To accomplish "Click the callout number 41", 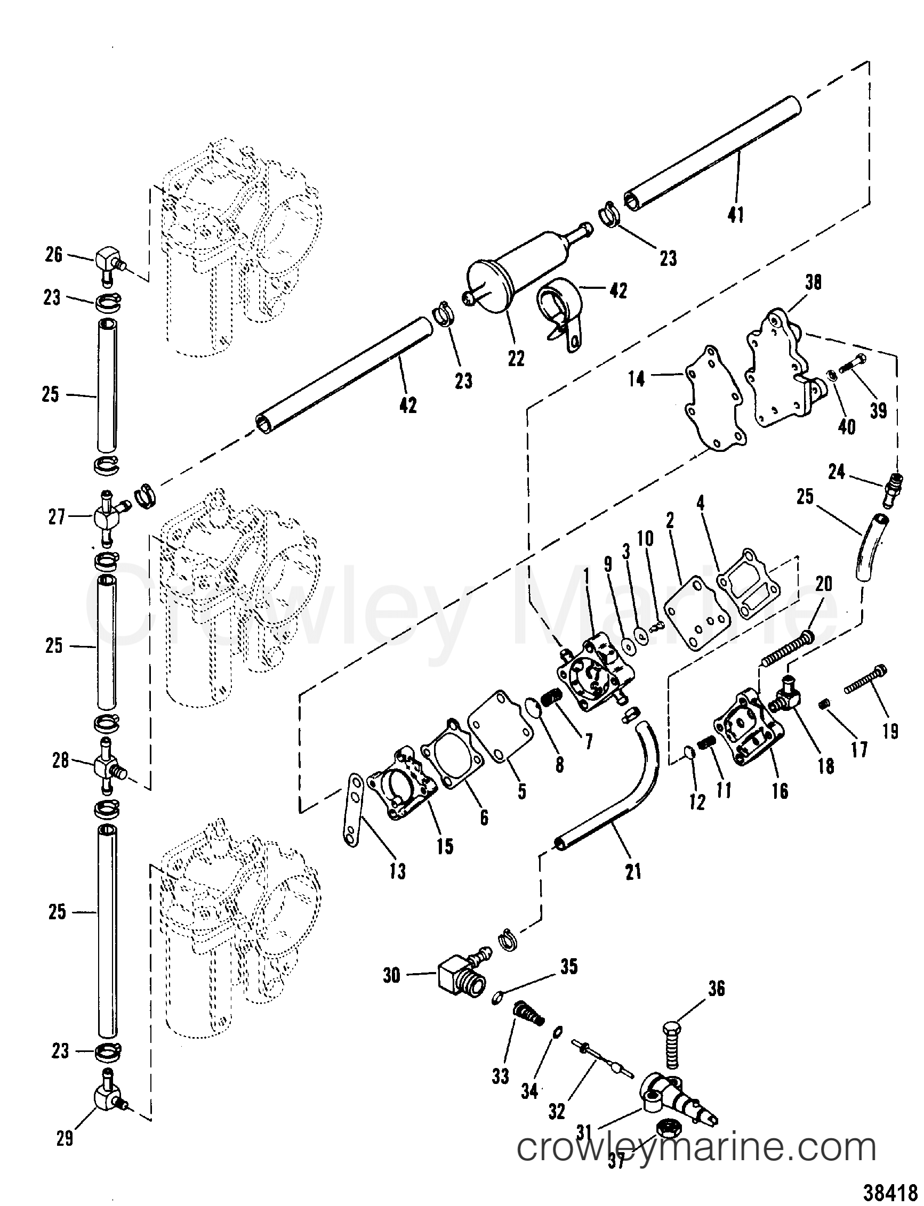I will click(x=735, y=215).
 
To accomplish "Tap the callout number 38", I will click(x=813, y=282).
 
